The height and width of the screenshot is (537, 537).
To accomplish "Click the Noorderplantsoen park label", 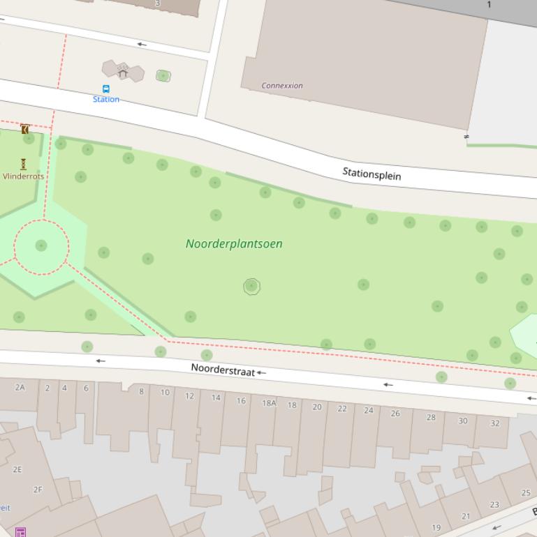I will click(x=234, y=243).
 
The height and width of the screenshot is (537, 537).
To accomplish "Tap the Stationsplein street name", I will click(x=372, y=174).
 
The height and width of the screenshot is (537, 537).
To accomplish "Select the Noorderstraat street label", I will click(x=223, y=370).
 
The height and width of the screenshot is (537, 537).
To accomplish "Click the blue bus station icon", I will click(x=106, y=89).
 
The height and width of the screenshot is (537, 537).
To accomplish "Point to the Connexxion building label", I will click(x=282, y=86).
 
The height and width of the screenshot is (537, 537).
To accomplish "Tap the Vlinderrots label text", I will click(x=24, y=176).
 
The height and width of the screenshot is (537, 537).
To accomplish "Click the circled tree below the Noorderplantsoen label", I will click(x=251, y=286).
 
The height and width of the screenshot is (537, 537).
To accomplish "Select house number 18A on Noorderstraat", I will click(x=269, y=403).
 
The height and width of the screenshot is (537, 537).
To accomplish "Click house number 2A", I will click(x=20, y=387).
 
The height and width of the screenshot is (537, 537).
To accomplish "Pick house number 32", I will click(x=495, y=423).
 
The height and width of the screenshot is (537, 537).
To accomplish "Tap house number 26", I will click(x=395, y=414).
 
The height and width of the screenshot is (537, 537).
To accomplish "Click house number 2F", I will click(x=38, y=490).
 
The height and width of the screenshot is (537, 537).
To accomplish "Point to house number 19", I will click(x=436, y=528).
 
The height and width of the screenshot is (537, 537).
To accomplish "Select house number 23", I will click(x=494, y=505).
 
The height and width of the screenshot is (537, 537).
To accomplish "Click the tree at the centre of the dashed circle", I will click(x=41, y=245).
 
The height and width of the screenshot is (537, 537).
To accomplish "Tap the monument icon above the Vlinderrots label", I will click(x=23, y=164).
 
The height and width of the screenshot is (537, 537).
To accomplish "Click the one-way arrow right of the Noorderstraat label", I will click(x=261, y=373).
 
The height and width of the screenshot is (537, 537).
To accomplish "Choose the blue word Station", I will click(x=106, y=100).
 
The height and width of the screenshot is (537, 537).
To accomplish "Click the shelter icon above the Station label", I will click(x=123, y=71).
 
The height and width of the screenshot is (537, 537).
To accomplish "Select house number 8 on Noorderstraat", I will click(x=141, y=391).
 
